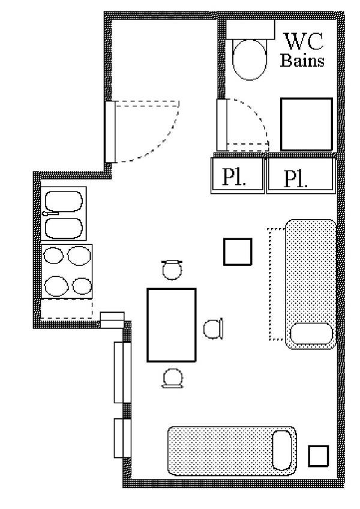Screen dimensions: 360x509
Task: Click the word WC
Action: [304, 41]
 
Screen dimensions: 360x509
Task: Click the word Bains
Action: [302, 61]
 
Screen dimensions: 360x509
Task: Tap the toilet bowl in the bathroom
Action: [250, 60]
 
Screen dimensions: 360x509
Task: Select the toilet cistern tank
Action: [250, 29]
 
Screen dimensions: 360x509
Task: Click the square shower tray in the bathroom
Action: [307, 124]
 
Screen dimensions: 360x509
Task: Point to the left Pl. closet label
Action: [234, 177]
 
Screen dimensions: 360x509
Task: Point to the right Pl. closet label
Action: [295, 179]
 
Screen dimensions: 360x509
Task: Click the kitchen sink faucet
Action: [50, 213]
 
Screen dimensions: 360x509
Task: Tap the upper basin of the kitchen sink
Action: [64, 201]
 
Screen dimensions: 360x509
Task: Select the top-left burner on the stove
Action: [53, 255]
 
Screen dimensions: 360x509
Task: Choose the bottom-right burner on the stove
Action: [82, 286]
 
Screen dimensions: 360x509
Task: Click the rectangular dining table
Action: [172, 325]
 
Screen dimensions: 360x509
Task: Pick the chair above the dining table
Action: [172, 270]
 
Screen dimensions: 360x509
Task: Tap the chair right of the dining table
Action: [213, 328]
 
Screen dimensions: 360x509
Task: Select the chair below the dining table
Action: [172, 378]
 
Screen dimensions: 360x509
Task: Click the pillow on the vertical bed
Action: [311, 333]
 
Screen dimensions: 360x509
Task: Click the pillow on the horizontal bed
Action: [282, 450]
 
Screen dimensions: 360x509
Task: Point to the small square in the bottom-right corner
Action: [318, 456]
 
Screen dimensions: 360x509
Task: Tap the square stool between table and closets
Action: [238, 252]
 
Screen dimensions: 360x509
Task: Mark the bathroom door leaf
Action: [222, 125]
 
